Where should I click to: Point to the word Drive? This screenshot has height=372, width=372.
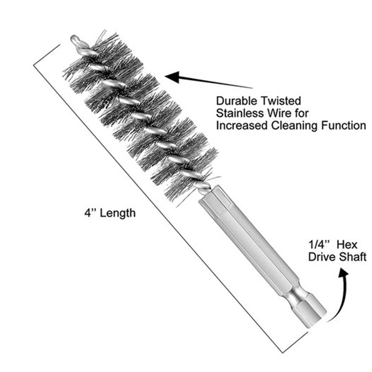(322, 257)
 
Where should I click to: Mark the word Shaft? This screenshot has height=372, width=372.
(354, 257)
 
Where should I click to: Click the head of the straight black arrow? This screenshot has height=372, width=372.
(170, 75)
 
